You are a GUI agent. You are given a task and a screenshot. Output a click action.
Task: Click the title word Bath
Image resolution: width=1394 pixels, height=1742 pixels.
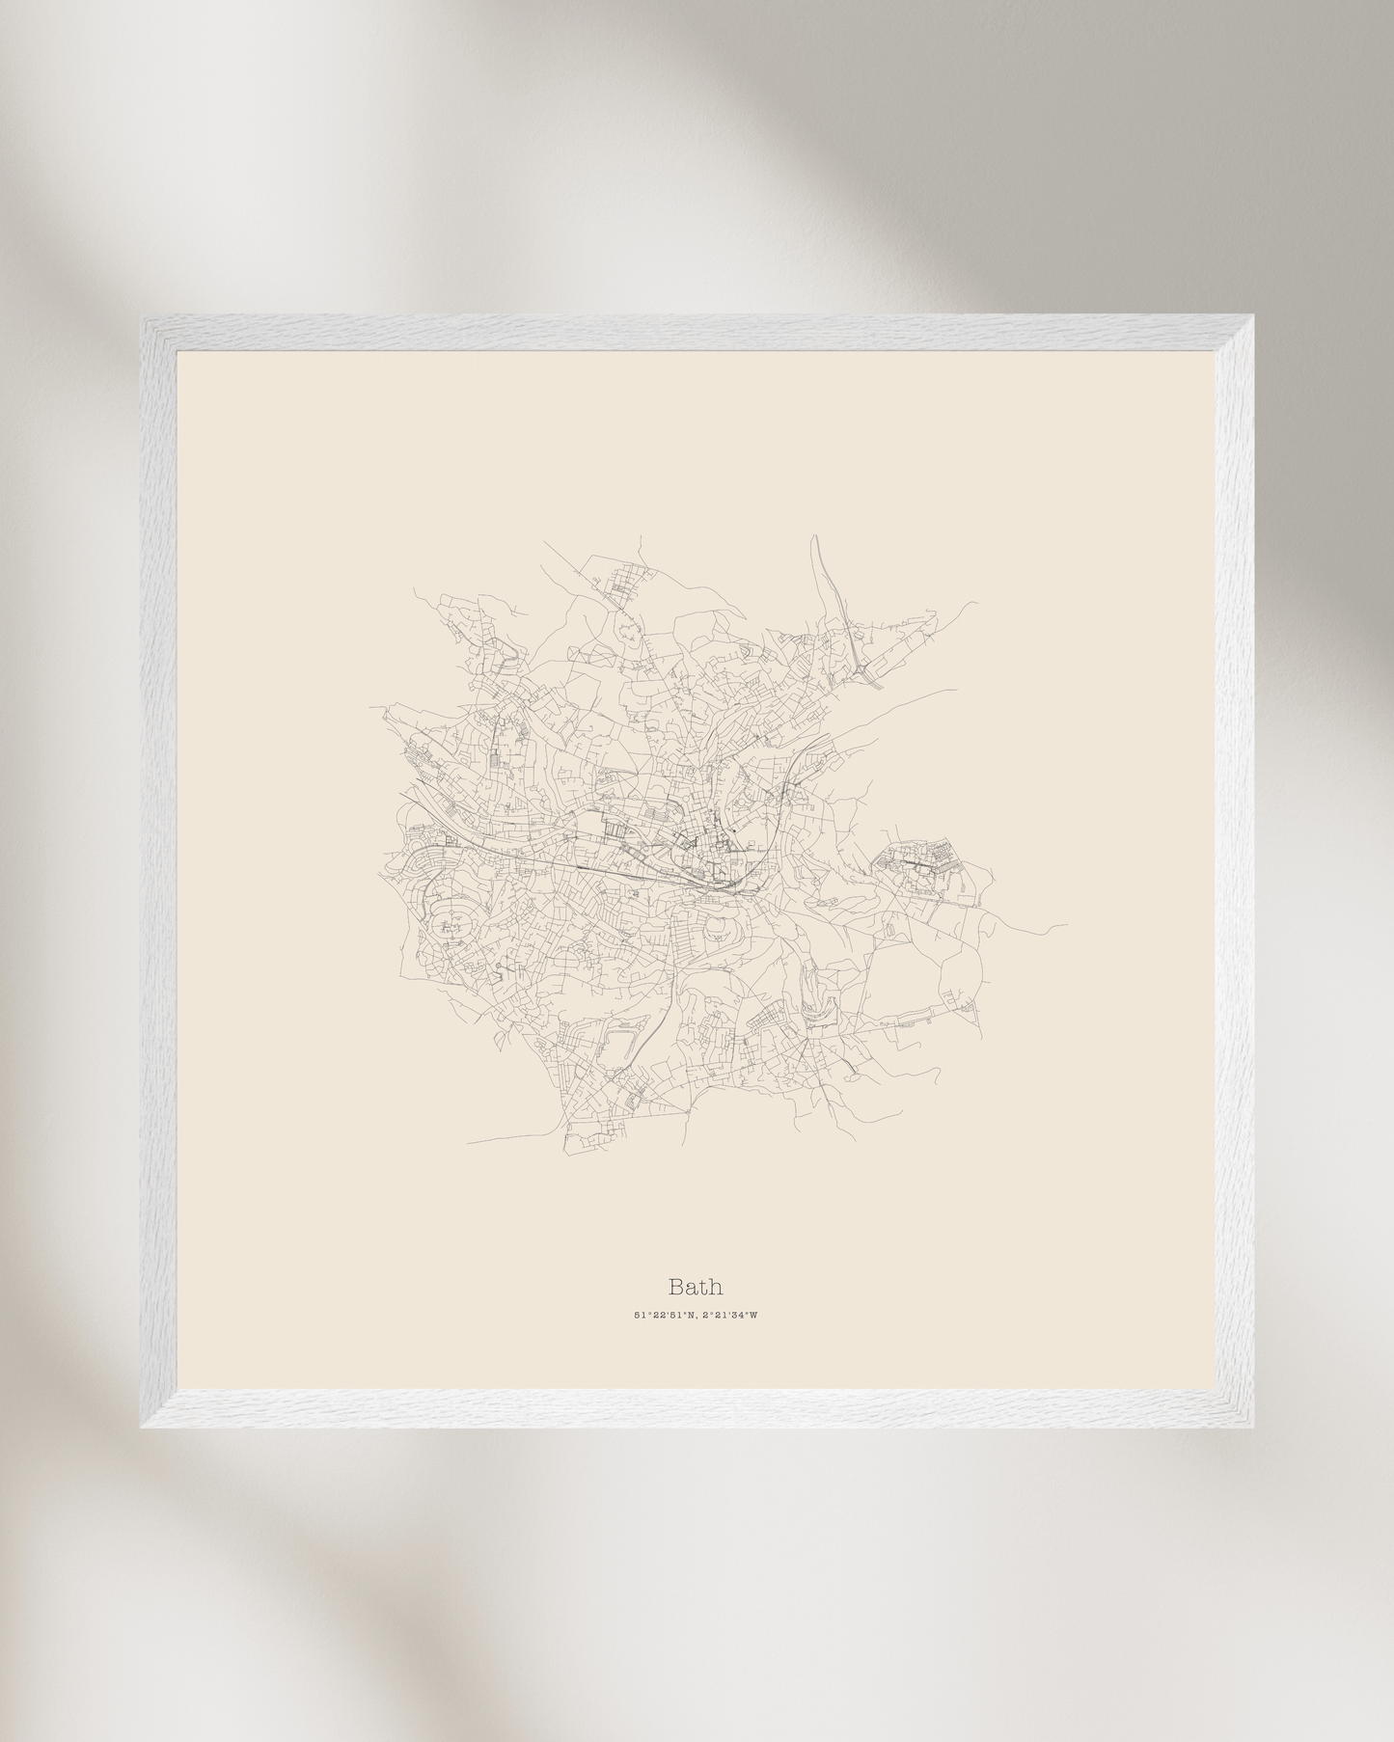tap(696, 1287)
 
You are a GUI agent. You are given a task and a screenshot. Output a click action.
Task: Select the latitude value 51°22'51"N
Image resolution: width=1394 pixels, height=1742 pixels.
tap(665, 1315)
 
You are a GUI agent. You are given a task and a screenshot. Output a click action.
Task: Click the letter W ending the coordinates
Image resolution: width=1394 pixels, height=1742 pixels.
tap(754, 1315)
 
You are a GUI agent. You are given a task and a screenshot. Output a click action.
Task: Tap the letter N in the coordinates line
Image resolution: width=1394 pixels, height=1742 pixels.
tap(693, 1315)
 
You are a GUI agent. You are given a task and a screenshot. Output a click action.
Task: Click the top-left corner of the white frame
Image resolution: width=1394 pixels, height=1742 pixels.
tap(144, 319)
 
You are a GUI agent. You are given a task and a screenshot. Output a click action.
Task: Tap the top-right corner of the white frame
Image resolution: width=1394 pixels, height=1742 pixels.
tap(1251, 319)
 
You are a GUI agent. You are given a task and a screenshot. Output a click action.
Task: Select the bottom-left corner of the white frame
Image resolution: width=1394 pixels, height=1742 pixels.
tap(144, 1426)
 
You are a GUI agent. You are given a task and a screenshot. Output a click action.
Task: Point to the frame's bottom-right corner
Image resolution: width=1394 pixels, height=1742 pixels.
tap(1251, 1426)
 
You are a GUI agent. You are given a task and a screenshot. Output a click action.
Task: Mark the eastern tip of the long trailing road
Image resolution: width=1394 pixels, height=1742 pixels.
tap(1066, 927)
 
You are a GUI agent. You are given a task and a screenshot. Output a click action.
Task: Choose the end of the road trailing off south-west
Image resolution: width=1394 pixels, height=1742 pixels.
tap(469, 1144)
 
